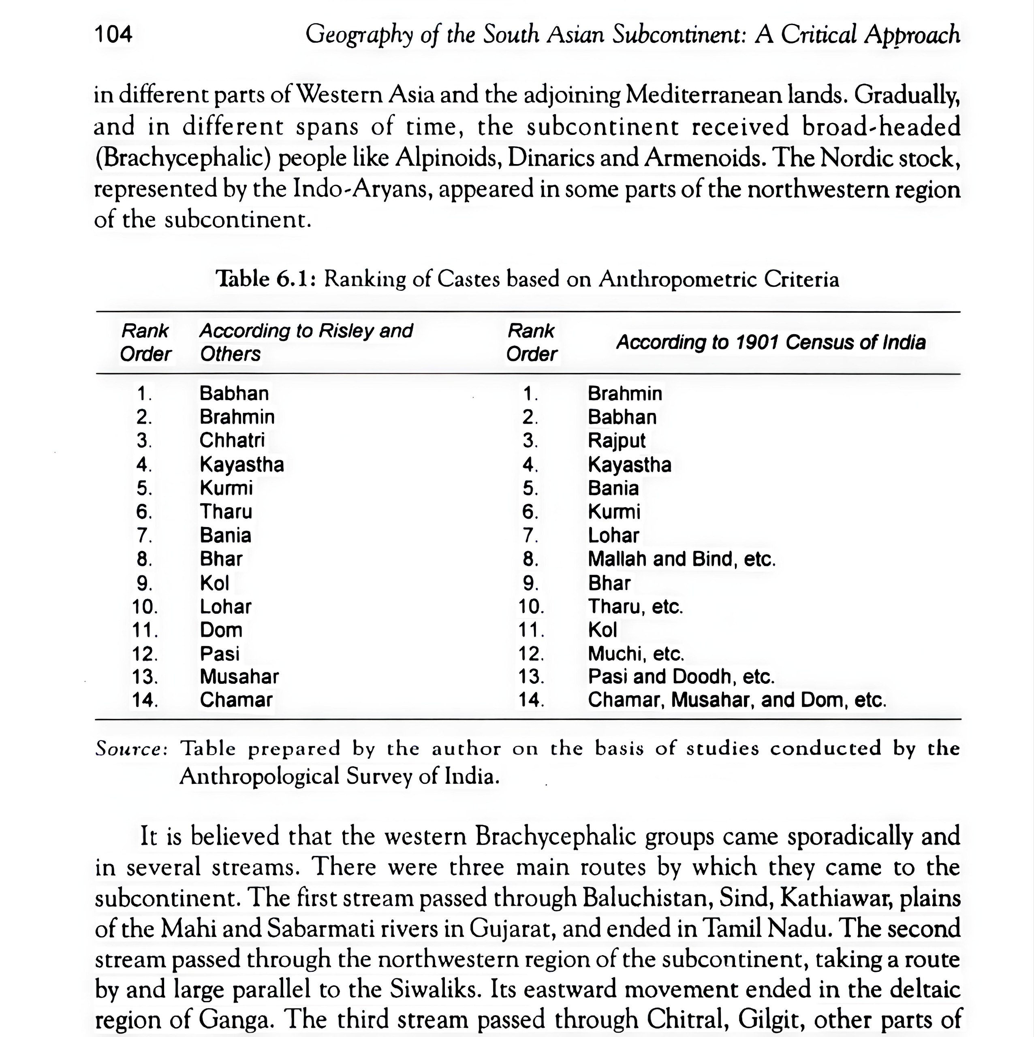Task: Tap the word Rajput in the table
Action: (x=616, y=441)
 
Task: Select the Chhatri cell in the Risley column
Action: (x=232, y=441)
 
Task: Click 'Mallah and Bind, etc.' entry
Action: (x=681, y=559)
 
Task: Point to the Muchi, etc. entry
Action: (x=636, y=654)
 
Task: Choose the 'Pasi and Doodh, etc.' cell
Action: (x=681, y=677)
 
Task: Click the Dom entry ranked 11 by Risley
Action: (x=221, y=630)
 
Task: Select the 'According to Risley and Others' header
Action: (x=305, y=342)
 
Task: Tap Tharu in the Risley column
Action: (x=226, y=512)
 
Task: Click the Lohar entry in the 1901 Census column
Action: (x=613, y=536)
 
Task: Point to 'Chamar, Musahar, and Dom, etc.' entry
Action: (x=737, y=700)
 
